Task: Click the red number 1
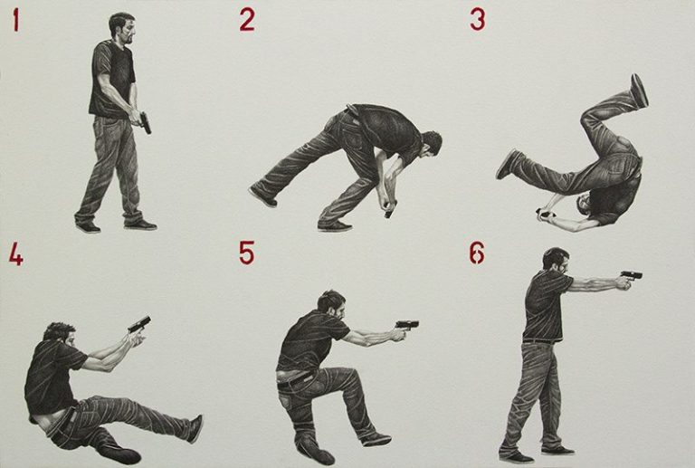[x=16, y=21]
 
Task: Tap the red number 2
[x=247, y=21]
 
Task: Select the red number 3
[x=478, y=21]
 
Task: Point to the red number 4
[x=16, y=255]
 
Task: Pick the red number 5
[x=246, y=253]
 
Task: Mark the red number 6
[x=477, y=253]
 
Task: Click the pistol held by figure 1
[x=145, y=123]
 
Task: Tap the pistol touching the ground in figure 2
[x=391, y=210]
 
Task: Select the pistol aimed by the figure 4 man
[x=139, y=324]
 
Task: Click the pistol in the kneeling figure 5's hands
[x=407, y=325]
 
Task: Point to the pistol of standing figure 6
[x=632, y=275]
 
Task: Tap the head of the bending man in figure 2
[x=430, y=145]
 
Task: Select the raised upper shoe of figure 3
[x=639, y=90]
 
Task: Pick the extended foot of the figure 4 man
[x=195, y=429]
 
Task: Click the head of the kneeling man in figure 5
[x=331, y=306]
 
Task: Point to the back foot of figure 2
[x=262, y=196]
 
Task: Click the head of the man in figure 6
[x=556, y=262]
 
